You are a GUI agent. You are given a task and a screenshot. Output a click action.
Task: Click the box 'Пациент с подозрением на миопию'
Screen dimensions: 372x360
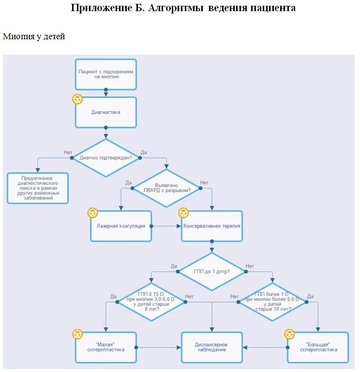(x=106, y=74)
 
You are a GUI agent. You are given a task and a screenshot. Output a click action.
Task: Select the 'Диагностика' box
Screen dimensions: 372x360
(x=106, y=112)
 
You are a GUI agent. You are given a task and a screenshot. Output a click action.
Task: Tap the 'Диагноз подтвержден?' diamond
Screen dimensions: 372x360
(x=106, y=157)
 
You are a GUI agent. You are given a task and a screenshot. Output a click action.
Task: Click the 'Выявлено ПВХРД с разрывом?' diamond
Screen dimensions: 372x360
(x=166, y=188)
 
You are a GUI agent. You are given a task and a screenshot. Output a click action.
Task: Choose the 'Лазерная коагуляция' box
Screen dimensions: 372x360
(x=121, y=226)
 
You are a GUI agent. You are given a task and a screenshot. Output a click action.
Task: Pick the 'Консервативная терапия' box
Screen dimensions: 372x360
(x=211, y=226)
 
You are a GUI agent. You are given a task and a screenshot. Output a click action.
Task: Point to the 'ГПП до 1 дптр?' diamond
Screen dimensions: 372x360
(x=211, y=272)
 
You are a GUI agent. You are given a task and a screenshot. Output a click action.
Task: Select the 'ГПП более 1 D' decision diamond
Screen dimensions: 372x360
(x=272, y=301)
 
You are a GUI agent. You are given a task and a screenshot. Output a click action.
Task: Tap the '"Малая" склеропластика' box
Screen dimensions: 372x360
(x=106, y=347)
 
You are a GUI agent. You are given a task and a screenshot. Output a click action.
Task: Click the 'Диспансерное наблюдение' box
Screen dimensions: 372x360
(x=211, y=347)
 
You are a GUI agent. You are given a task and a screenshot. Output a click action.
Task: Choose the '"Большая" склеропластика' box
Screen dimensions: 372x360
(x=318, y=347)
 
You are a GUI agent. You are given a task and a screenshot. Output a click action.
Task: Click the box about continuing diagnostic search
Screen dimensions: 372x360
(x=38, y=188)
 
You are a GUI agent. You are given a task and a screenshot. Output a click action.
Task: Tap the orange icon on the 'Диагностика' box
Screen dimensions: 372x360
(x=77, y=99)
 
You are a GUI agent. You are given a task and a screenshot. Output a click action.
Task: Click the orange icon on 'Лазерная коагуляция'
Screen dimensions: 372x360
(x=92, y=213)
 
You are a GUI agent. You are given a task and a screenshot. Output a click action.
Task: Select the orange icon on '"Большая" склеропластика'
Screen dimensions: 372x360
(x=289, y=334)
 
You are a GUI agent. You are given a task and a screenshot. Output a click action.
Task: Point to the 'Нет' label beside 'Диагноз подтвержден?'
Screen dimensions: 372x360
(x=68, y=153)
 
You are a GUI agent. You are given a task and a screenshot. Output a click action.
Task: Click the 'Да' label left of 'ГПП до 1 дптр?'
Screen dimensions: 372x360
(x=174, y=266)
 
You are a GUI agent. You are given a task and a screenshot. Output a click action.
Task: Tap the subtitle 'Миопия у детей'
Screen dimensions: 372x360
(x=34, y=36)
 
